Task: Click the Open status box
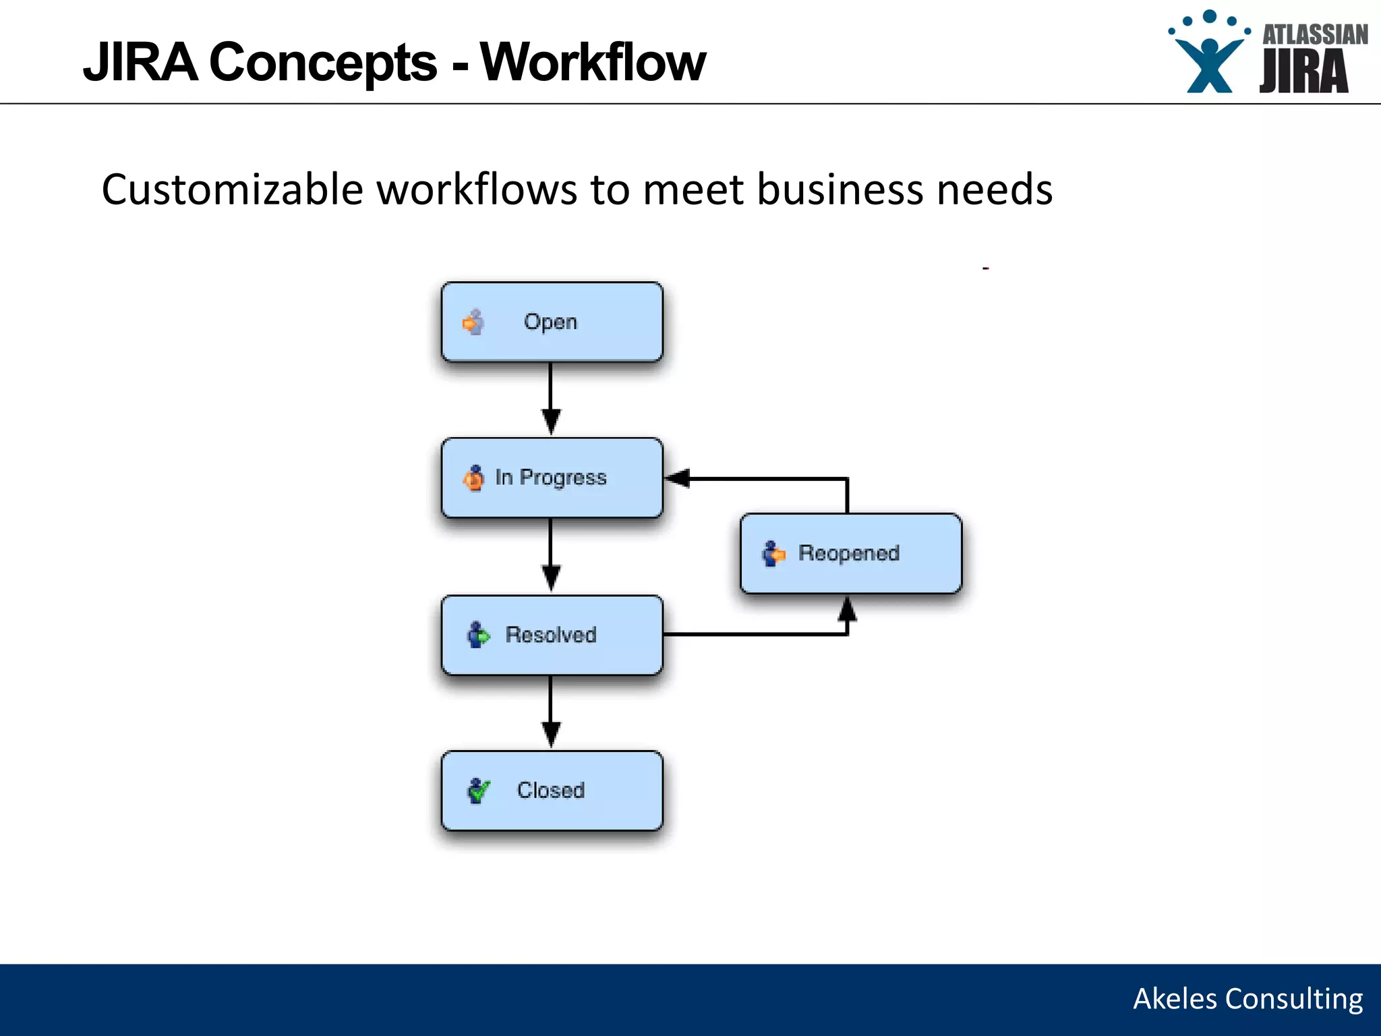pos(552,322)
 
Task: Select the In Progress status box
pos(552,478)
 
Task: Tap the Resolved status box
pos(552,635)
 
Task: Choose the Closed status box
pos(552,790)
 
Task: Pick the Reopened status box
pos(850,553)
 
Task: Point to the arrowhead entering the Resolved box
pos(551,577)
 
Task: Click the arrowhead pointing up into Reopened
pos(847,610)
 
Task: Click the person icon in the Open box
pos(474,322)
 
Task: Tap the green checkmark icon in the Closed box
pos(478,790)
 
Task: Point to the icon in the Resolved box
pos(478,635)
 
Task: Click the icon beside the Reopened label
pos(773,554)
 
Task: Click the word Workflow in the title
pos(593,62)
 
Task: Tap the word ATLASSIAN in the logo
pos(1314,34)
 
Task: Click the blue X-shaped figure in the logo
pos(1209,65)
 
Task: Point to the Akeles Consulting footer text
pos(1247,999)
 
